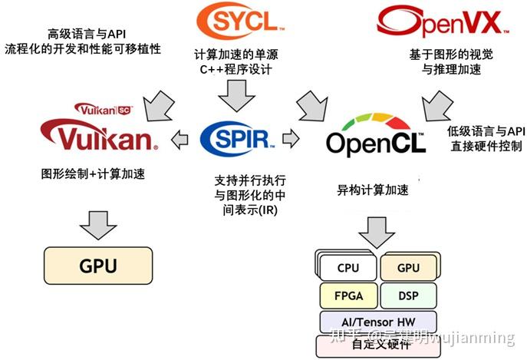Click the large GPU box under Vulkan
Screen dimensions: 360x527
coord(98,266)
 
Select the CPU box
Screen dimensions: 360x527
coord(347,268)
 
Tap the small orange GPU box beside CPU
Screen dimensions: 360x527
coord(407,268)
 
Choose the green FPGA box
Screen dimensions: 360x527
coord(347,295)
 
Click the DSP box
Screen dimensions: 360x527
coord(407,295)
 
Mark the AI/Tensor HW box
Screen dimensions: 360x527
coord(377,321)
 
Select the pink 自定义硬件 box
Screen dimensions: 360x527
coord(377,343)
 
